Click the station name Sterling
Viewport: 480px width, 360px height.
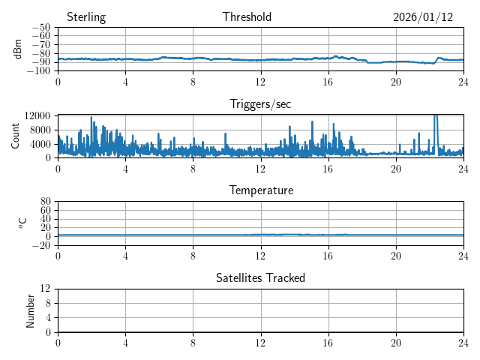pyautogui.click(x=85, y=17)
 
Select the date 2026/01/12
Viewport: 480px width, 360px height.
pyautogui.click(x=423, y=17)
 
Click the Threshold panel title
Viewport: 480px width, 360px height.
pyautogui.click(x=247, y=17)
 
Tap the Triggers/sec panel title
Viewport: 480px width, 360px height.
pyautogui.click(x=260, y=104)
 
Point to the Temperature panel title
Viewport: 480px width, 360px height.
pyautogui.click(x=260, y=190)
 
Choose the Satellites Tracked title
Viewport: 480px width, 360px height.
pyautogui.click(x=260, y=277)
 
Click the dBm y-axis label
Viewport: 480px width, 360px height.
pyautogui.click(x=18, y=49)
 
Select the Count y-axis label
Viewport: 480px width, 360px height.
pyautogui.click(x=16, y=136)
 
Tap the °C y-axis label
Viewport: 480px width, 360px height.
pyautogui.click(x=23, y=223)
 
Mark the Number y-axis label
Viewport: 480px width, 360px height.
pyautogui.click(x=30, y=310)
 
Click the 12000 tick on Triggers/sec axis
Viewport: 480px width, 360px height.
pyautogui.click(x=37, y=115)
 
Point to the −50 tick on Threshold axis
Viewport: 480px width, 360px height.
pyautogui.click(x=40, y=28)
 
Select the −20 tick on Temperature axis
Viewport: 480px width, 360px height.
pyautogui.click(x=40, y=245)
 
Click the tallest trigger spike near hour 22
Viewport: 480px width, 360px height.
pyautogui.click(x=435, y=117)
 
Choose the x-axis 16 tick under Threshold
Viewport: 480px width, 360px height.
pyautogui.click(x=328, y=82)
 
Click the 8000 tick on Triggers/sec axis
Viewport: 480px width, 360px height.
pyautogui.click(x=40, y=129)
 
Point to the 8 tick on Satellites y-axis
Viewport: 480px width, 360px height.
pyautogui.click(x=47, y=303)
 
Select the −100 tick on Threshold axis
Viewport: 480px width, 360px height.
pyautogui.click(x=38, y=71)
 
